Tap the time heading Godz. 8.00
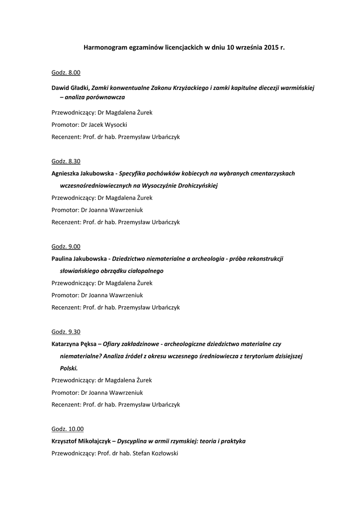pos(66,73)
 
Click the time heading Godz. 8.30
pos(66,161)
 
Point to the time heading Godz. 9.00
pos(66,247)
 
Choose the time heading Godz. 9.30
pos(66,332)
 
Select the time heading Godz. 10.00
pos(68,429)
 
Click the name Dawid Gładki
pos(70,87)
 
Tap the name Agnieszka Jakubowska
pos(82,173)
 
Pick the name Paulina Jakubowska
pos(79,258)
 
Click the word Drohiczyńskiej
pos(194,185)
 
